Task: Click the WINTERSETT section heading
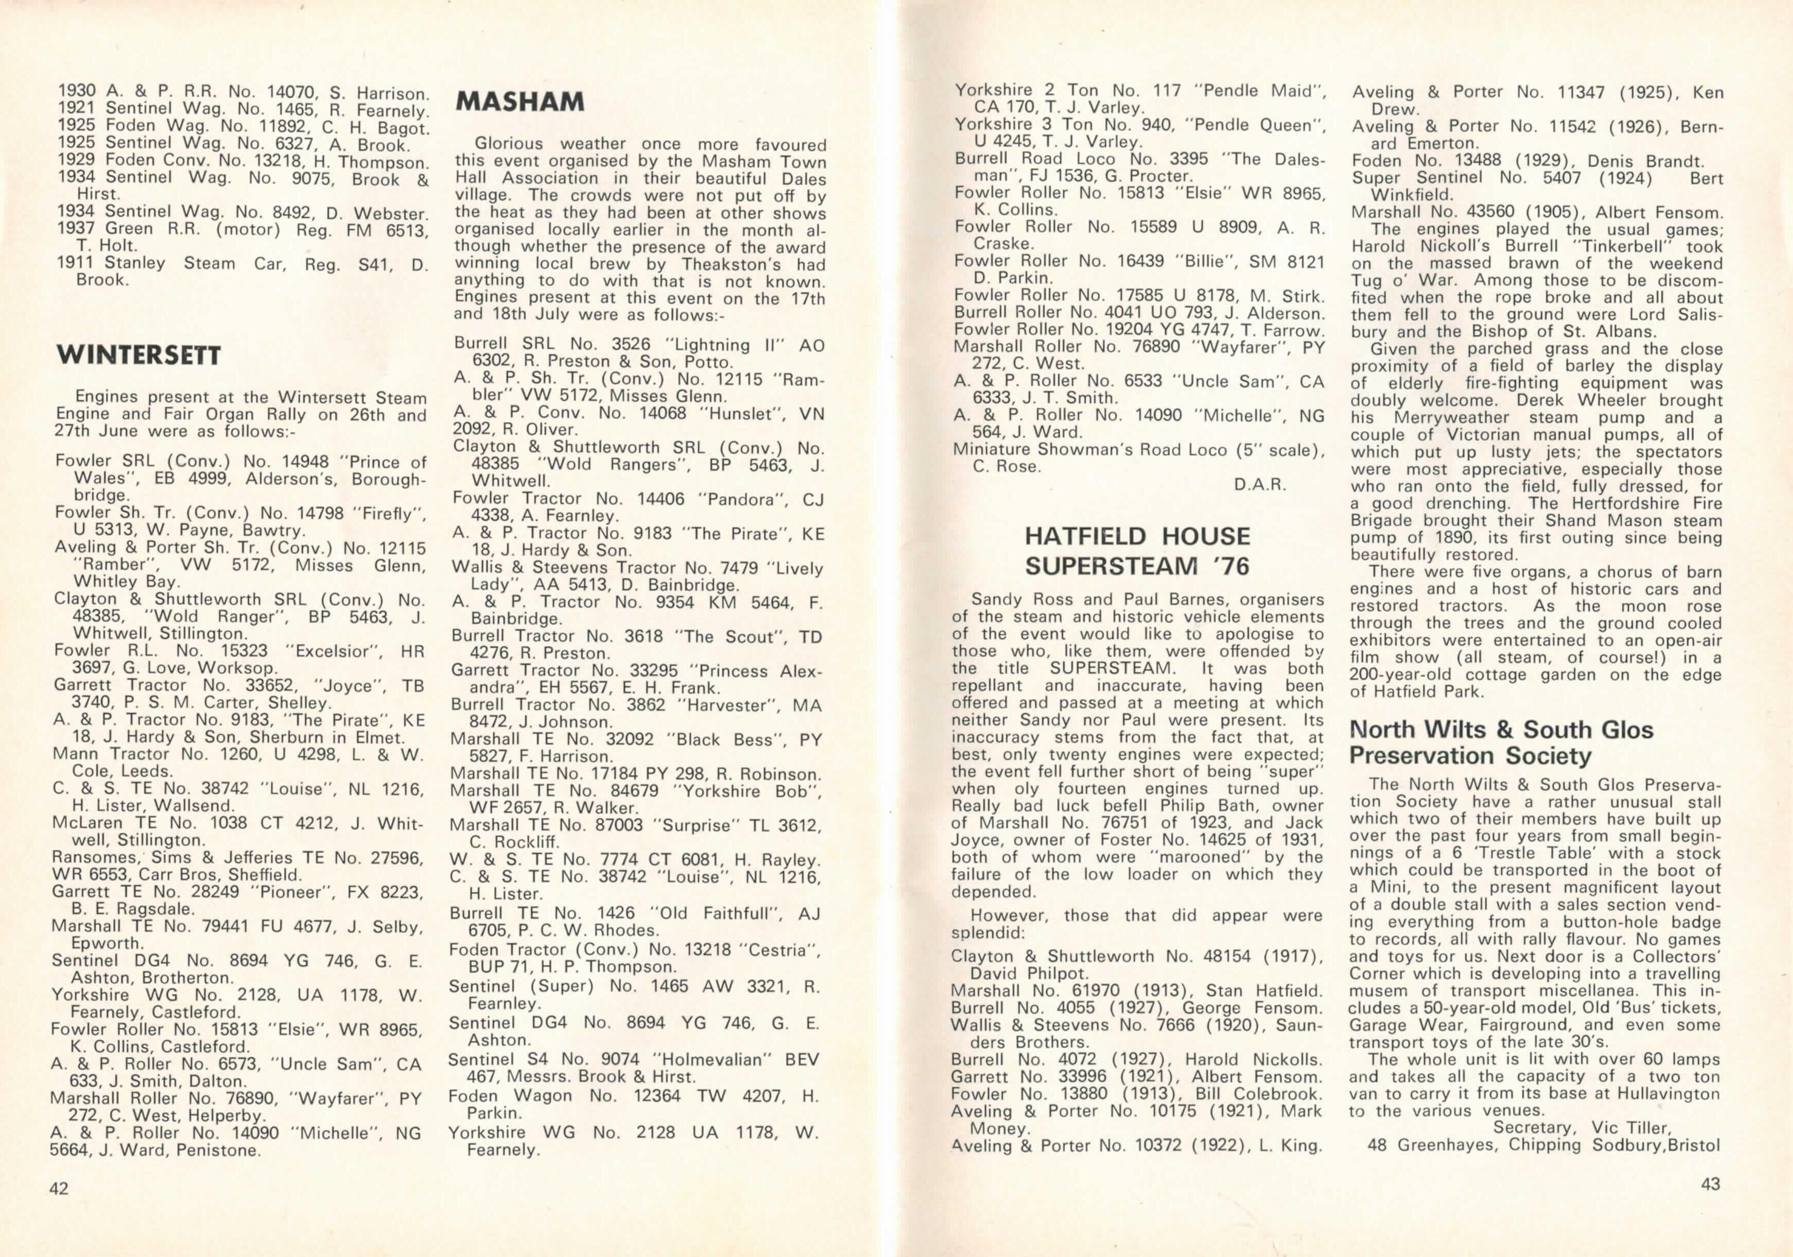138,356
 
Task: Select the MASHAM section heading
520,102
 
